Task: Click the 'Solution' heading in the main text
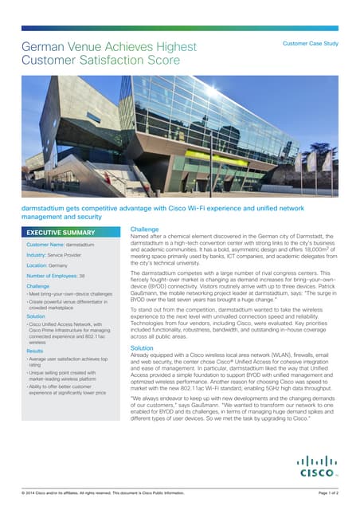(142, 348)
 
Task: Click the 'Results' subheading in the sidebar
(35, 350)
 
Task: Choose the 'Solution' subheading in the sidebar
(37, 316)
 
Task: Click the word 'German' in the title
(45, 47)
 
